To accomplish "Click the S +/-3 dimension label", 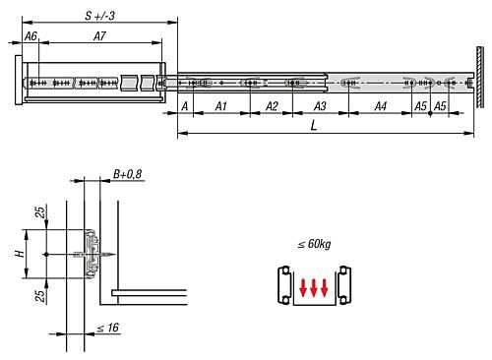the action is point(100,16).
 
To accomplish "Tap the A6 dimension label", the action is point(31,36).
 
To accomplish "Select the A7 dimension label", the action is point(99,36).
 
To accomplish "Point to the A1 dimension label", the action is point(221,106).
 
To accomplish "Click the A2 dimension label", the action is point(272,106).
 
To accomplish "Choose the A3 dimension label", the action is point(320,106).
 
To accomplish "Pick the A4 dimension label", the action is point(381,106).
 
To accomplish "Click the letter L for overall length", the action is point(314,125).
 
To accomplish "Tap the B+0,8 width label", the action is point(127,174).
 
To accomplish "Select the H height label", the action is point(20,254).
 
